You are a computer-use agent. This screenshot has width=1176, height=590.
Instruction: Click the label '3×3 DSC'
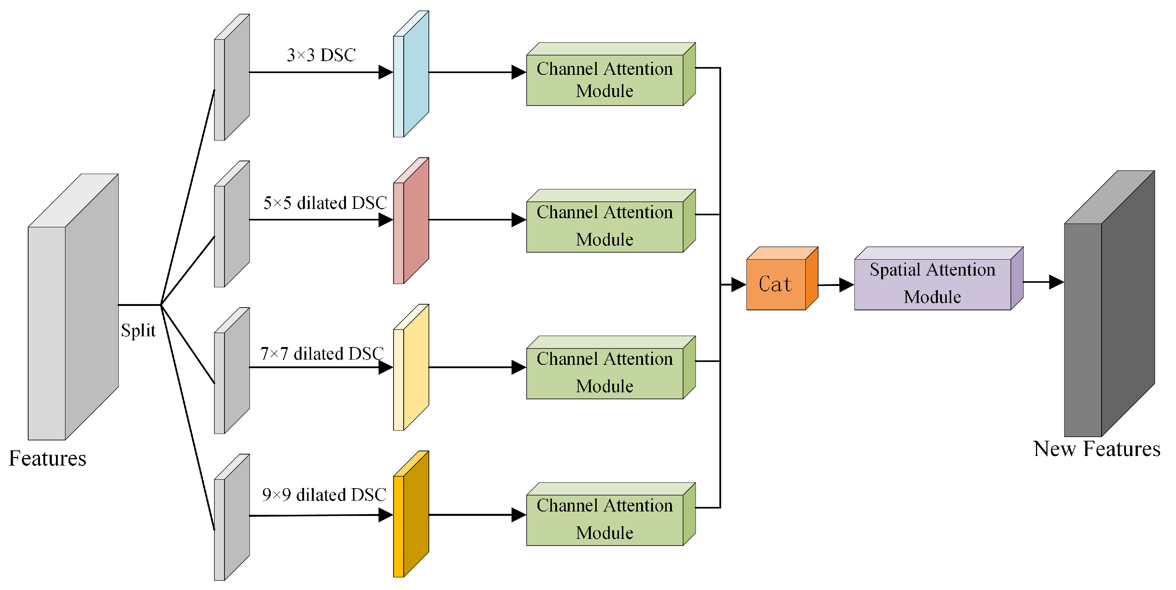pos(321,55)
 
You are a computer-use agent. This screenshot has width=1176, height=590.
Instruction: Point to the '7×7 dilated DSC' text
pos(322,353)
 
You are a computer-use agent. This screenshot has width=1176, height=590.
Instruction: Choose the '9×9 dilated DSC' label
pos(324,494)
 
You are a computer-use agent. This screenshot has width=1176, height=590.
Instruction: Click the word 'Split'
pos(138,330)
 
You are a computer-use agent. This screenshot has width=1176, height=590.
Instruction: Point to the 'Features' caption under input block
pos(47,458)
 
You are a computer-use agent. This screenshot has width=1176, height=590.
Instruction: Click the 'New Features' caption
pos(1097,449)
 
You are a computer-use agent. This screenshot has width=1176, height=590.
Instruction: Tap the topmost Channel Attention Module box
pos(605,80)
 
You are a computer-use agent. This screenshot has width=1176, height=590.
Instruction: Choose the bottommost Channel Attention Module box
pos(605,519)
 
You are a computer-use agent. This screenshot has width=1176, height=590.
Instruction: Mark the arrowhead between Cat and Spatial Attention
pos(846,284)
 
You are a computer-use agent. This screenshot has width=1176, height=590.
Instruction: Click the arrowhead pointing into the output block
pos(1056,282)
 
